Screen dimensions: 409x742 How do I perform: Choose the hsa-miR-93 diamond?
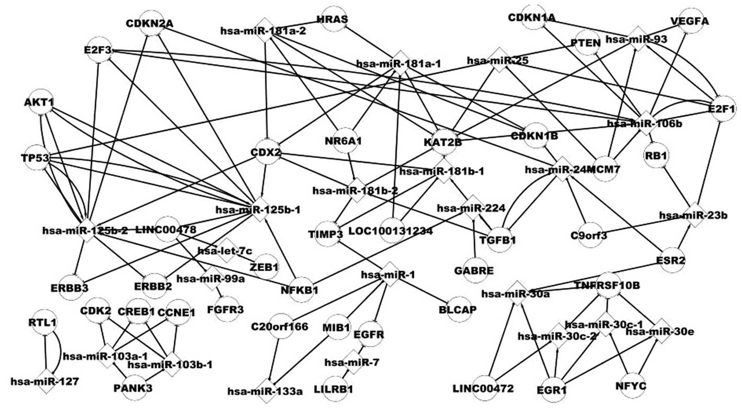point(639,39)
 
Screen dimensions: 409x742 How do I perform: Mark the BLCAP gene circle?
point(458,310)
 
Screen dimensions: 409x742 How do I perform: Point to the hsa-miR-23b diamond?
point(694,215)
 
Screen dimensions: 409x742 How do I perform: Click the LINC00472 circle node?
point(483,388)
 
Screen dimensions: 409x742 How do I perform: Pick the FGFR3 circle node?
point(225,309)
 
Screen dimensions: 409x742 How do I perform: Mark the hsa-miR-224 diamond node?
point(472,208)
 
